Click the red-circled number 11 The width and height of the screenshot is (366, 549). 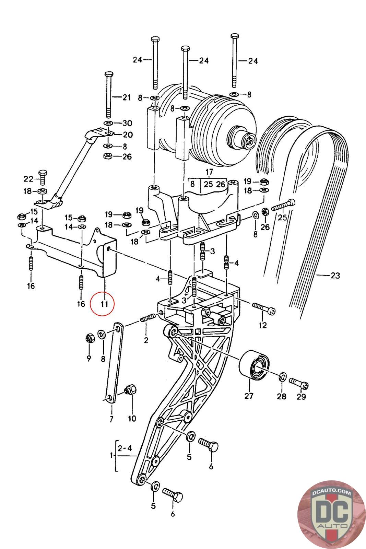pyautogui.click(x=104, y=304)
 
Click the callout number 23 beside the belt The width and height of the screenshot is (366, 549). pyautogui.click(x=335, y=276)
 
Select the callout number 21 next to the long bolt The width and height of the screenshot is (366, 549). pyautogui.click(x=127, y=97)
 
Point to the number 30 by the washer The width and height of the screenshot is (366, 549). pyautogui.click(x=127, y=123)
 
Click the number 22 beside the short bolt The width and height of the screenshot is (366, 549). pyautogui.click(x=28, y=179)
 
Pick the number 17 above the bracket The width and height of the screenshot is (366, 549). pyautogui.click(x=209, y=172)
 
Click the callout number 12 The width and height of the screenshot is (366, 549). pyautogui.click(x=263, y=325)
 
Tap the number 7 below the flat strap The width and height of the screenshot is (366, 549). pyautogui.click(x=111, y=419)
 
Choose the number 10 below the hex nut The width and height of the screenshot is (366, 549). pyautogui.click(x=132, y=418)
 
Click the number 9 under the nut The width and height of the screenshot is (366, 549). pyautogui.click(x=89, y=359)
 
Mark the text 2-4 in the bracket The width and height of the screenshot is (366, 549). pyautogui.click(x=125, y=448)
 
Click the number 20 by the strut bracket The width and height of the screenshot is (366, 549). pyautogui.click(x=128, y=135)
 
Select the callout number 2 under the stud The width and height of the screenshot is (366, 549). pyautogui.click(x=146, y=340)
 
